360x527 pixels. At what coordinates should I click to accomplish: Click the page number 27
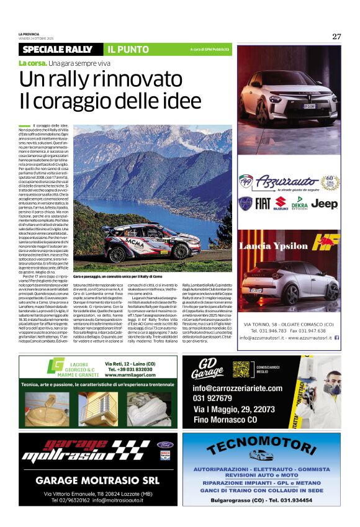coord(336,36)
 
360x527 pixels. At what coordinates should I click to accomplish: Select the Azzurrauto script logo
coord(295,181)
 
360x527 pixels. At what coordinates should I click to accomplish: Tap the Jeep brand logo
coord(324,203)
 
